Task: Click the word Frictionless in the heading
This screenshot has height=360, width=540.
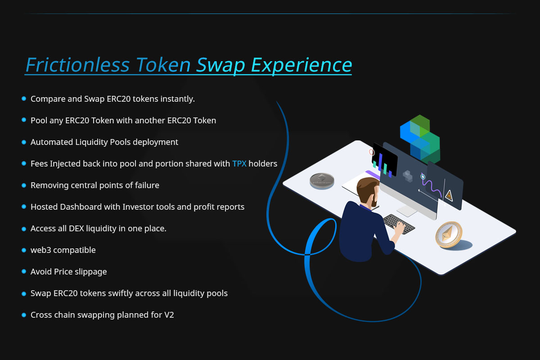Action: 78,65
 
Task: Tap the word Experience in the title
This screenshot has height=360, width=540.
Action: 301,66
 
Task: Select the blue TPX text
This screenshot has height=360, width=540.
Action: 239,164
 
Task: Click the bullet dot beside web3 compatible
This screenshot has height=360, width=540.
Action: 24,250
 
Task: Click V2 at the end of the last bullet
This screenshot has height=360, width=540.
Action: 169,315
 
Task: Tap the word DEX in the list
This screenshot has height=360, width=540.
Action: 76,229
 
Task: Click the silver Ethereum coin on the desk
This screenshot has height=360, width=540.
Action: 322,181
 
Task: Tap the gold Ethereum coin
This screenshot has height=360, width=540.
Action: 449,234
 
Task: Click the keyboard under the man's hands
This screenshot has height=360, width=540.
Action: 399,224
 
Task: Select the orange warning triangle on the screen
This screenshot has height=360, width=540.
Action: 449,196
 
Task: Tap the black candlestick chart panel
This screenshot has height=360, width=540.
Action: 385,160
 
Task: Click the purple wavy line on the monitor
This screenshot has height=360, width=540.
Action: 432,186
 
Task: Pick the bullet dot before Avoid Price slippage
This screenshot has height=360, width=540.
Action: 24,271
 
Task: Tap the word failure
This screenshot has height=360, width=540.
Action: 147,185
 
